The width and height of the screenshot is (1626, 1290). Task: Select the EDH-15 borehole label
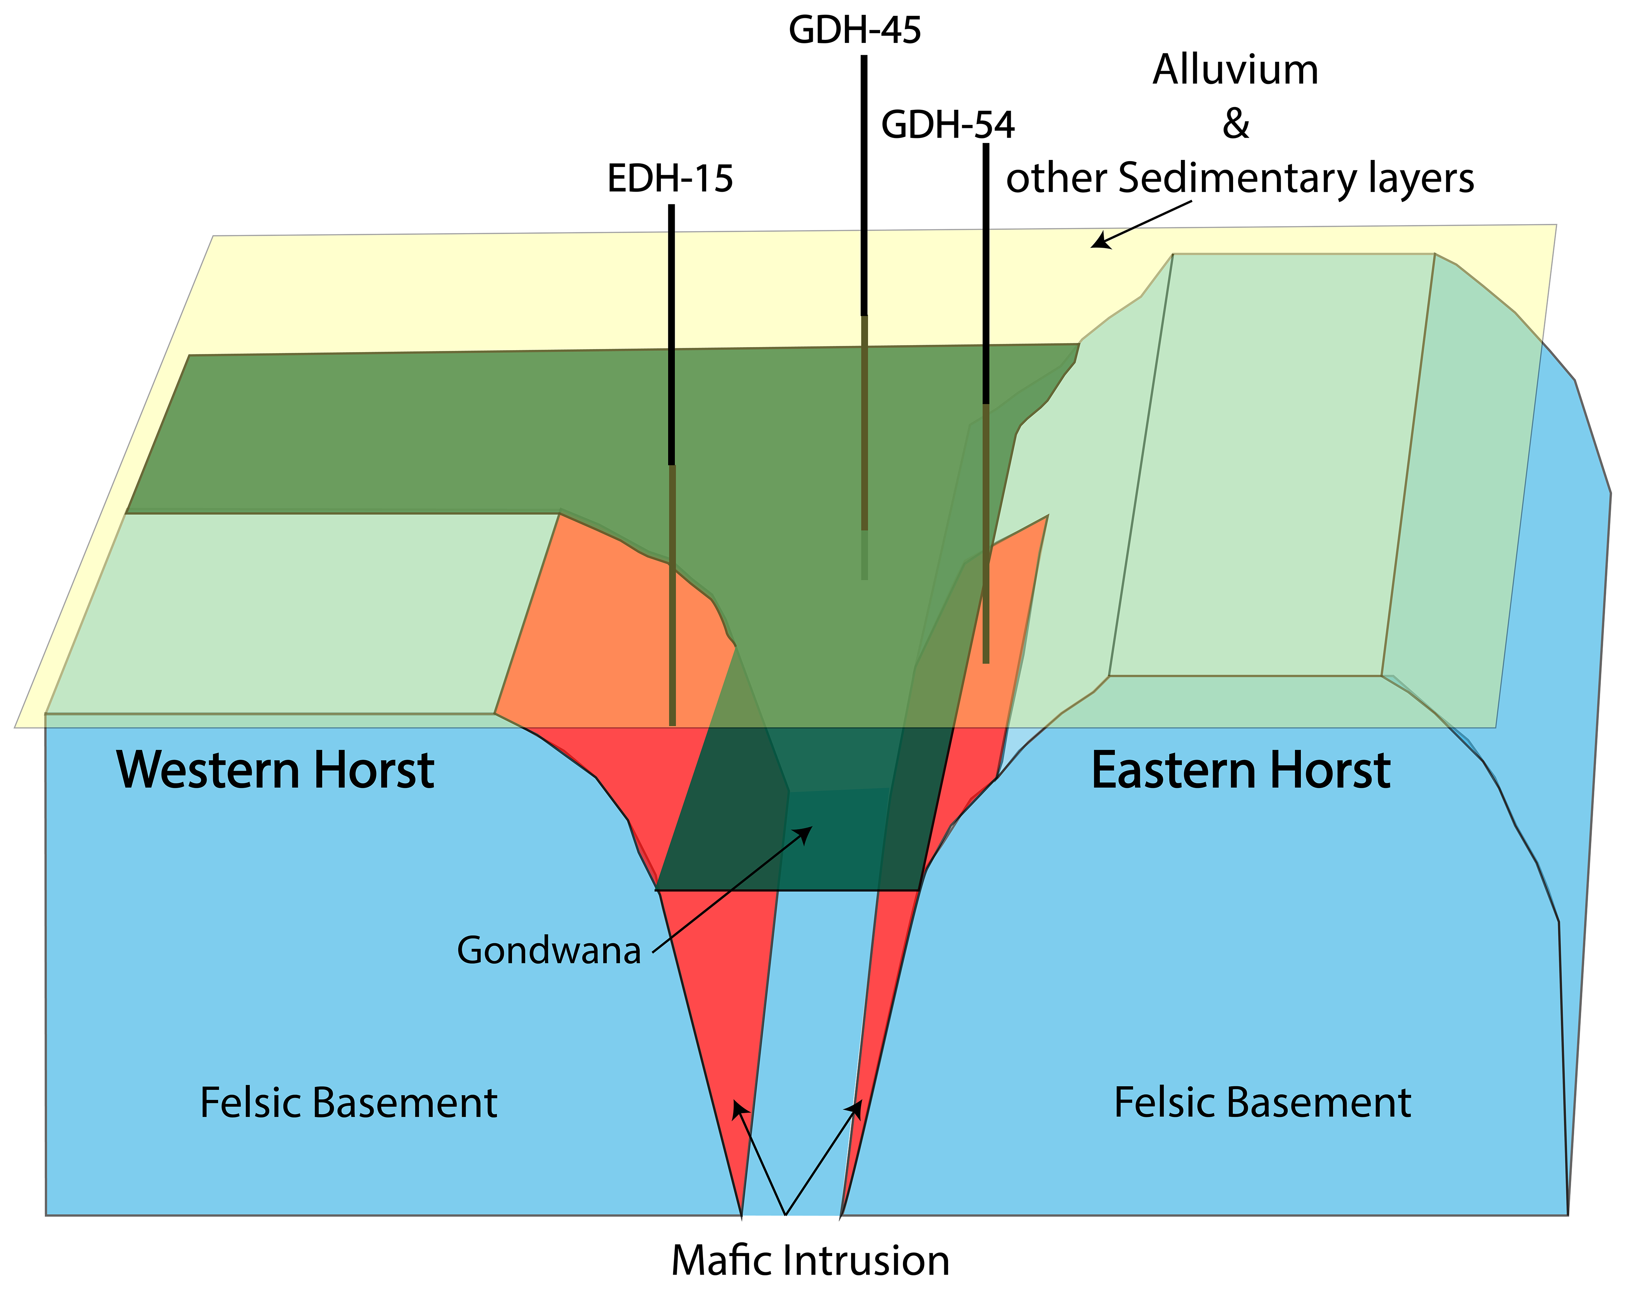click(670, 179)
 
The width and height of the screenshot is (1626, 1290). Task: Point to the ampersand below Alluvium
click(1235, 124)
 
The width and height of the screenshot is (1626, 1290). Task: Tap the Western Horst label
click(275, 771)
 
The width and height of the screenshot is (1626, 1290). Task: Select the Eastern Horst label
click(1240, 771)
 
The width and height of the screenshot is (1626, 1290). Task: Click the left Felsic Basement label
click(348, 1103)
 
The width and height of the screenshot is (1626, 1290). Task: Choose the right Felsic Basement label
click(1262, 1103)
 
